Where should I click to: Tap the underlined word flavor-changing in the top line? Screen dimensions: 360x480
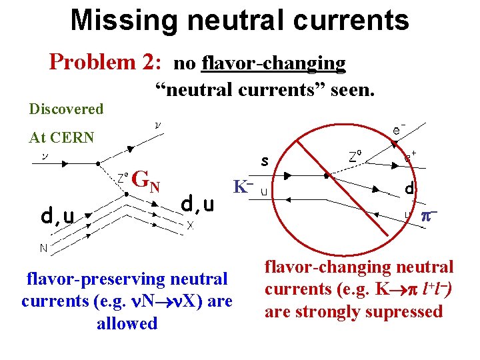tap(273, 63)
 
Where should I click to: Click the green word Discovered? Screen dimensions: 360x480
tap(66, 109)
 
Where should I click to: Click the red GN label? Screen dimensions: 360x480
tap(146, 179)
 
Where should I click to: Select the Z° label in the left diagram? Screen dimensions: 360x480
tap(123, 177)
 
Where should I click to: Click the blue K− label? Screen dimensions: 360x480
tap(243, 187)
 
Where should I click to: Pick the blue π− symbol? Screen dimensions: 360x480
tap(428, 216)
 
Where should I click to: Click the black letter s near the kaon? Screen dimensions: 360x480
tap(265, 161)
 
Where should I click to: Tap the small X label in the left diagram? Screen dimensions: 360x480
tap(190, 225)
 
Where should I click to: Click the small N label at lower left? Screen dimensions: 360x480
tap(42, 249)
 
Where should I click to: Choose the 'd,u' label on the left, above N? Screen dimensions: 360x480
tap(58, 215)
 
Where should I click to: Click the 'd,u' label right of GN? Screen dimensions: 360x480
tap(198, 203)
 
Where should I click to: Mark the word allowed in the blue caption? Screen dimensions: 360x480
tap(127, 324)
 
